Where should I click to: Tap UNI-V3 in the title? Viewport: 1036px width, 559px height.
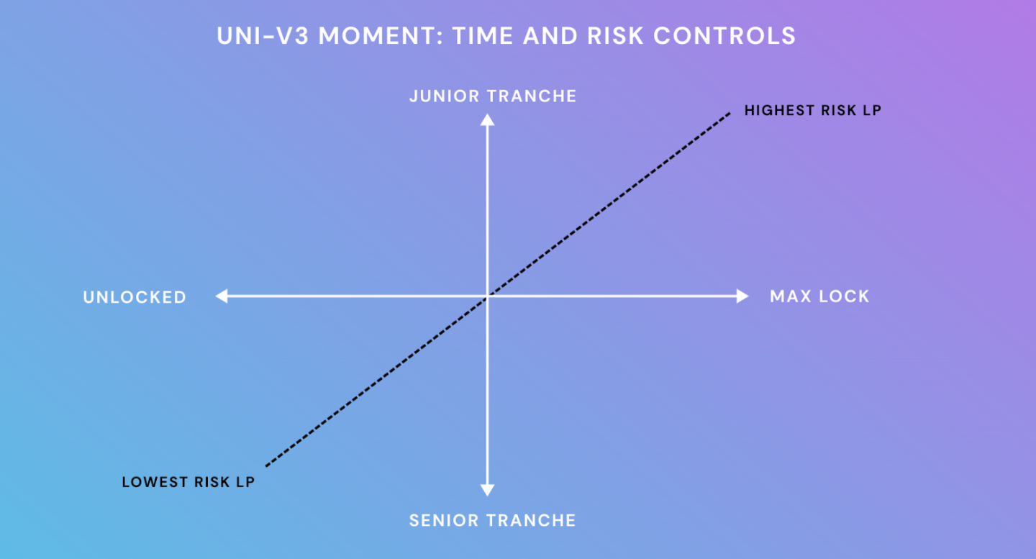pyautogui.click(x=263, y=36)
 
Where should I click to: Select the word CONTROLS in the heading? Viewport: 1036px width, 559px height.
pyautogui.click(x=724, y=36)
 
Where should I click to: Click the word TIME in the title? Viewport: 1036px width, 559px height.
pyautogui.click(x=482, y=36)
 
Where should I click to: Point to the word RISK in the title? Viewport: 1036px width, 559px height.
pyautogui.click(x=615, y=36)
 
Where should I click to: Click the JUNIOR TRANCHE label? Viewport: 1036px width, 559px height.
pyautogui.click(x=493, y=96)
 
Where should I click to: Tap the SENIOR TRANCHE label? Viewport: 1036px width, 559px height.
pyautogui.click(x=493, y=521)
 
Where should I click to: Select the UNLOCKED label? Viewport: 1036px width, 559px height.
pyautogui.click(x=135, y=297)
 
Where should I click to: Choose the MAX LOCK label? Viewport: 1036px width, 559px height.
pyautogui.click(x=819, y=296)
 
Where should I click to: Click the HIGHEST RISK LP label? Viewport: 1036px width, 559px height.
pyautogui.click(x=813, y=111)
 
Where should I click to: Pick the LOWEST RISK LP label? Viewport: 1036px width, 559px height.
pyautogui.click(x=188, y=482)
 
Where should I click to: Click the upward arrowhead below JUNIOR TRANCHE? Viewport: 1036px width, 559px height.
pyautogui.click(x=487, y=119)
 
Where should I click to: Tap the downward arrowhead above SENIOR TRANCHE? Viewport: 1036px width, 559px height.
pyautogui.click(x=487, y=490)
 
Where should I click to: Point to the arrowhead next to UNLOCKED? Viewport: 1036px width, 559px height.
pyautogui.click(x=222, y=296)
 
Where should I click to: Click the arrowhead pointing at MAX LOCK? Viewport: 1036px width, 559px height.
pyautogui.click(x=742, y=296)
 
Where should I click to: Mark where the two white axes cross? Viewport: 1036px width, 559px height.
pyautogui.click(x=487, y=296)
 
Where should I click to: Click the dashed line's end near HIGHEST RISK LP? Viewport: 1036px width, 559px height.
pyautogui.click(x=730, y=113)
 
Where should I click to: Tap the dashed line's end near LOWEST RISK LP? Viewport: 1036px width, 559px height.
pyautogui.click(x=266, y=465)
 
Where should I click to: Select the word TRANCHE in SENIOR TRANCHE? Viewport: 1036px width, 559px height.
pyautogui.click(x=532, y=521)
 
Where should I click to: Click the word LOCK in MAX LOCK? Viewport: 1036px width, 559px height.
pyautogui.click(x=845, y=296)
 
